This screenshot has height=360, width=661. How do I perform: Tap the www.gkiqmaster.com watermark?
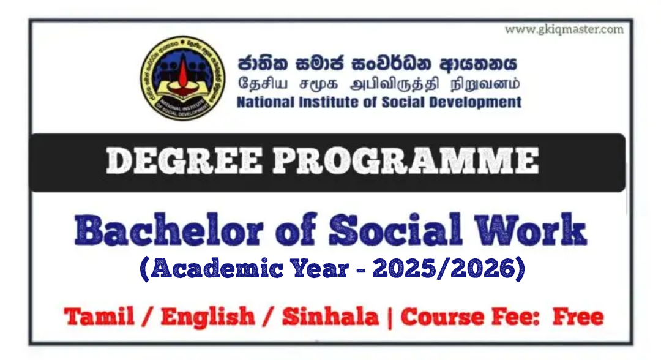564,29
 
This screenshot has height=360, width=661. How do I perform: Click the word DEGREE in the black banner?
184,162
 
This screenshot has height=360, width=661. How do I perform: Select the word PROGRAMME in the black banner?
406,162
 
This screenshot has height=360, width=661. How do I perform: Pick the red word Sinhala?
330,317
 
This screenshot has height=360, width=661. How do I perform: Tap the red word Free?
578,317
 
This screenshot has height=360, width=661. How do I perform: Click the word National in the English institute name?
266,102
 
